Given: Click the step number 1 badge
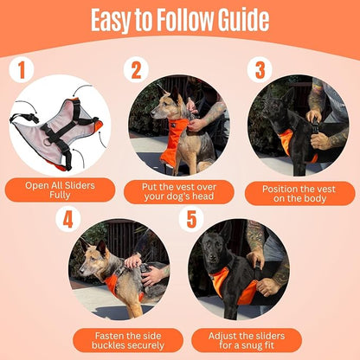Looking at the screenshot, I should pos(22,69).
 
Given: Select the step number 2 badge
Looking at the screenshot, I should pos(134,69).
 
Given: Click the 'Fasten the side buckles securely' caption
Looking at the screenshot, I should pos(128,339).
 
